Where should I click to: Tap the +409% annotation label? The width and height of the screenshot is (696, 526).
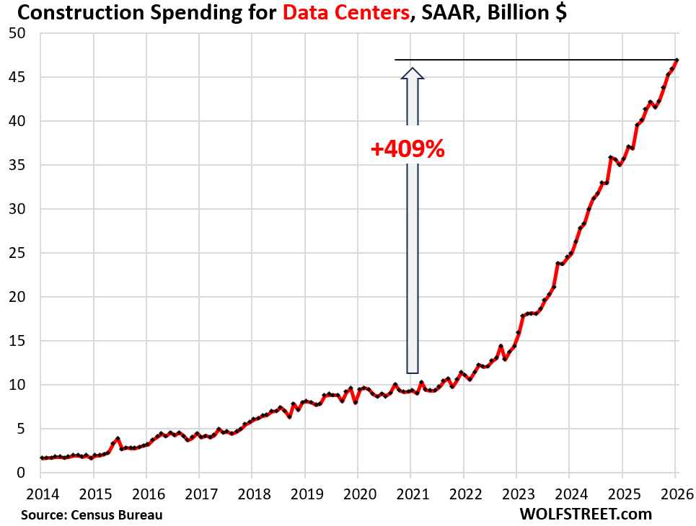[x=408, y=148]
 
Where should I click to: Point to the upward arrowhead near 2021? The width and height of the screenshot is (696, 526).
[x=411, y=73]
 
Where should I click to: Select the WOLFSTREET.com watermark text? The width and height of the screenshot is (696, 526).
[x=585, y=514]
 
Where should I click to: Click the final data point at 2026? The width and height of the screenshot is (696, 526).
[x=676, y=60]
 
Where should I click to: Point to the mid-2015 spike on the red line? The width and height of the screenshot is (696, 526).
[x=117, y=438]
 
